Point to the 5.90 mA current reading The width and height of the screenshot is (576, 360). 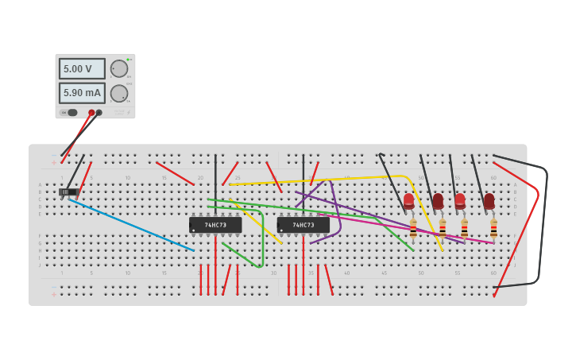click(x=81, y=93)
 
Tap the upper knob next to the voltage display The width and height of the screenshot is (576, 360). click(x=118, y=68)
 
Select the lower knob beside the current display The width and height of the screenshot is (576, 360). click(x=118, y=93)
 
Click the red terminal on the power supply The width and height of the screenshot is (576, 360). click(x=91, y=112)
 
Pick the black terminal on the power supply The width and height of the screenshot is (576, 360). click(x=99, y=112)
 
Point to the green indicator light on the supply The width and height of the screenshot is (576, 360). click(x=129, y=60)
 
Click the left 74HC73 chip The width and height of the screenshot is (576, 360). click(x=215, y=225)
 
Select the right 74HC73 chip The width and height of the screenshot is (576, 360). click(x=303, y=225)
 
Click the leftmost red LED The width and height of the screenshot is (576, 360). click(x=408, y=200)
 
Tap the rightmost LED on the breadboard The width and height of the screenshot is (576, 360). click(x=489, y=200)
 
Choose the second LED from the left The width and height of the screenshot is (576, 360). click(x=438, y=200)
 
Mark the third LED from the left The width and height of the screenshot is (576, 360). click(x=460, y=200)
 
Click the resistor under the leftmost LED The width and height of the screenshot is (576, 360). click(x=413, y=229)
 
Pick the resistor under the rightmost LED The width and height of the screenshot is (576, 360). click(x=493, y=229)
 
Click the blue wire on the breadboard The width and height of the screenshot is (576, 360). click(x=131, y=225)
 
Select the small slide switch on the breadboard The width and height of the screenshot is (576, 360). click(x=68, y=192)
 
